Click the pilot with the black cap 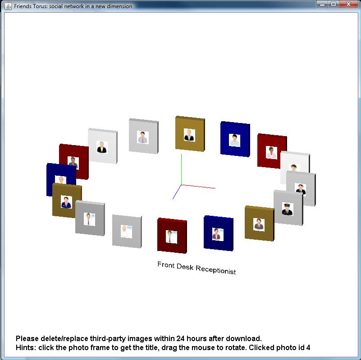pyautogui.click(x=288, y=209)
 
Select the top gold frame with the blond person pyautogui.click(x=190, y=134)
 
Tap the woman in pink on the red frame pyautogui.click(x=271, y=152)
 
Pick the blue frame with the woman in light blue pyautogui.click(x=235, y=139)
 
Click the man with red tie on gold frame pyautogui.click(x=259, y=224)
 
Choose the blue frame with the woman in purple pyautogui.click(x=218, y=233)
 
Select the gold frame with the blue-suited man pyautogui.click(x=67, y=200)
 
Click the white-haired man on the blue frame pyautogui.click(x=61, y=180)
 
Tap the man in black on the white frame pyautogui.click(x=101, y=147)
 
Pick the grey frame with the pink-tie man pyautogui.click(x=143, y=136)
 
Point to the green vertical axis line pyautogui.click(x=182, y=169)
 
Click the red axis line pyautogui.click(x=198, y=187)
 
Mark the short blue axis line pyautogui.click(x=177, y=192)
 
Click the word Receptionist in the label pyautogui.click(x=216, y=269)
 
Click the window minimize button pyautogui.click(x=322, y=4)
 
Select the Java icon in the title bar pyautogui.click(x=8, y=6)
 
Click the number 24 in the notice pyautogui.click(x=180, y=338)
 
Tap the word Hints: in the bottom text pyautogui.click(x=26, y=347)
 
